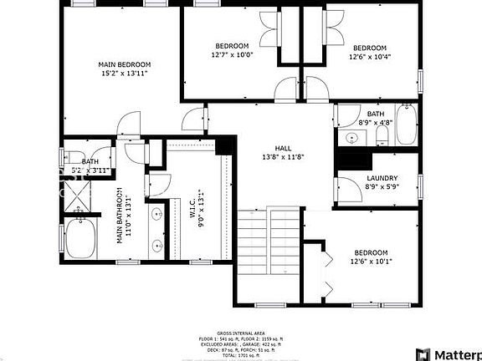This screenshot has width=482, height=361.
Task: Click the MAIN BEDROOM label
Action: [x=124, y=64]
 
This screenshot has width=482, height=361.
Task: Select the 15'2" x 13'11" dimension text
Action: [x=124, y=74]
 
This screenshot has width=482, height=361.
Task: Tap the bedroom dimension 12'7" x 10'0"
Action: [x=232, y=55]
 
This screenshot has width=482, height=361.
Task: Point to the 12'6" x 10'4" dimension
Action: [x=369, y=57]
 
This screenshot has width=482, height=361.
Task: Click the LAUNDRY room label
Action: [x=382, y=180]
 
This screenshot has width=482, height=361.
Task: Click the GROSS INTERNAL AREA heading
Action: [x=241, y=333]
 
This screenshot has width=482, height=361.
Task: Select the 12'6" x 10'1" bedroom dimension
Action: [x=370, y=262]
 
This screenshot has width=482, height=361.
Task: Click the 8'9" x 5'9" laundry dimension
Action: [x=382, y=188]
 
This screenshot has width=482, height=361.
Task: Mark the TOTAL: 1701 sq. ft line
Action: [x=241, y=356]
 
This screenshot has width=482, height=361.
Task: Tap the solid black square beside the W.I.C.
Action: [x=223, y=145]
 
